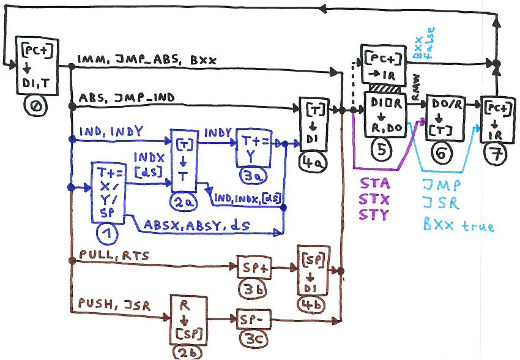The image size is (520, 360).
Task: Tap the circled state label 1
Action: click(107, 233)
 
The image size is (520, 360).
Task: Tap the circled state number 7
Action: click(493, 154)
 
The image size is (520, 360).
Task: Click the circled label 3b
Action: click(249, 288)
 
